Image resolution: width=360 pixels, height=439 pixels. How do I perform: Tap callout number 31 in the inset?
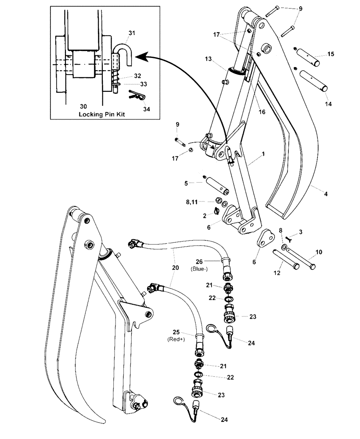pos(132,33)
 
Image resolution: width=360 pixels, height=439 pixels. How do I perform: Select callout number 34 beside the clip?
pos(147,108)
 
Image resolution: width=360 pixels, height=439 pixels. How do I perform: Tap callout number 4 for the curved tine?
pos(325,194)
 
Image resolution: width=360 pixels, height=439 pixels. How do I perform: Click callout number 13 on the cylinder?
pos(208,59)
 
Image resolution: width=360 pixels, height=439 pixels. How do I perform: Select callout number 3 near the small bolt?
pos(301,231)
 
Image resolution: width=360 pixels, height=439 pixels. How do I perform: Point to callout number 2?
pos(205,216)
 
